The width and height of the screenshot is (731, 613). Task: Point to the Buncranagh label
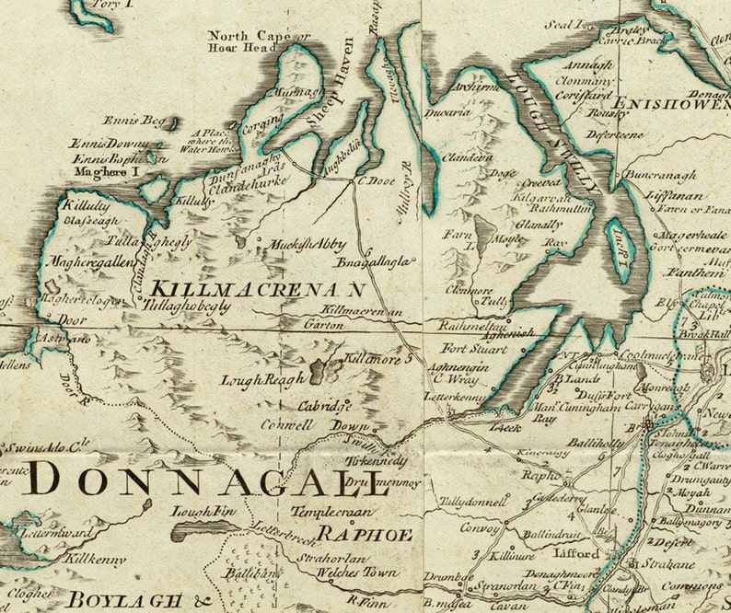click(658, 173)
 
